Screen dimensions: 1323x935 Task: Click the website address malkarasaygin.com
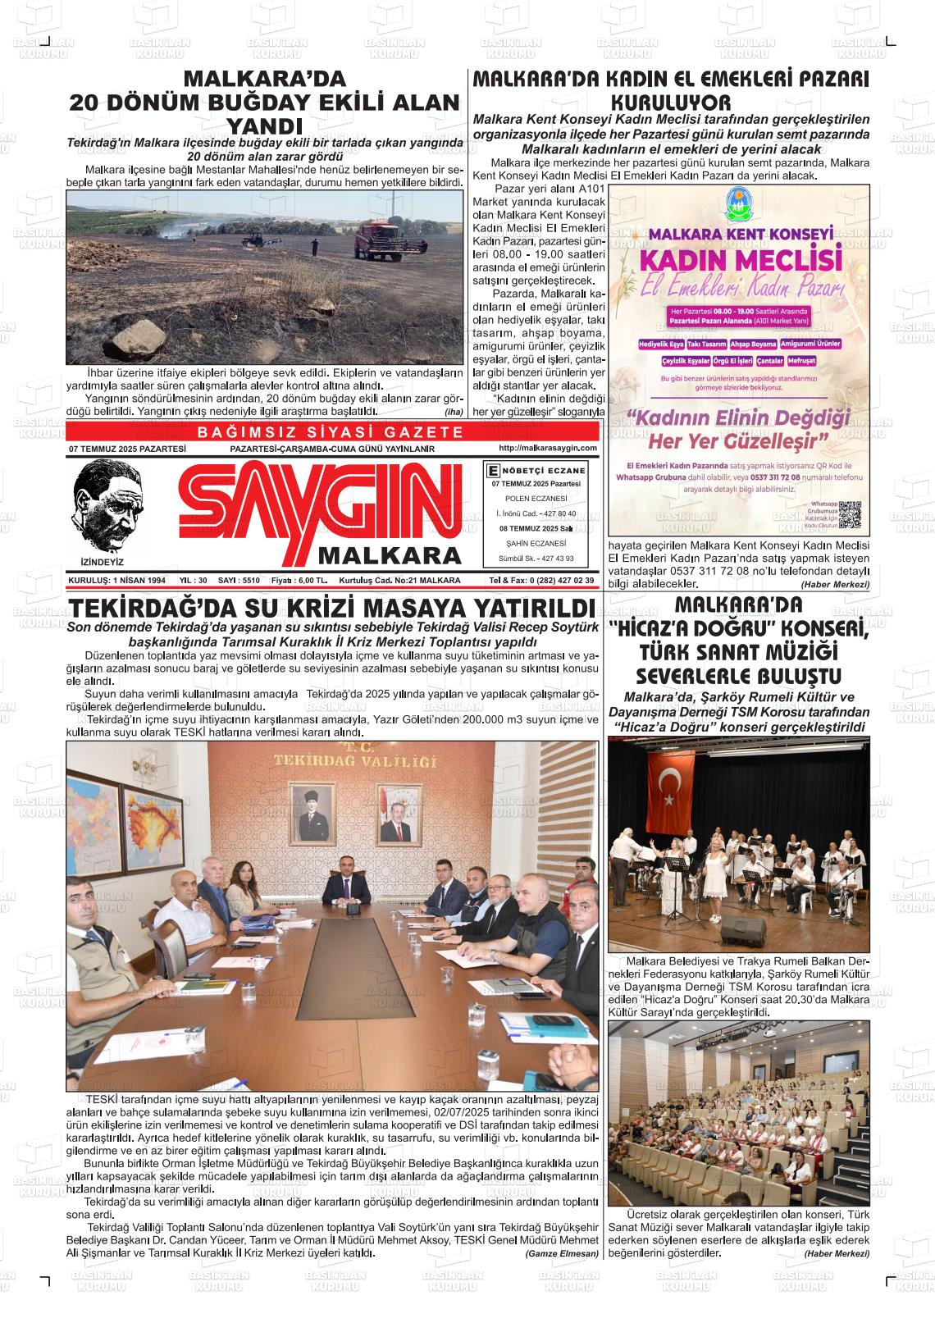coord(547,448)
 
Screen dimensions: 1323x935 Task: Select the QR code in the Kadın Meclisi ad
coord(850,514)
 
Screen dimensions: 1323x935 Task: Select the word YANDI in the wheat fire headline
coord(264,126)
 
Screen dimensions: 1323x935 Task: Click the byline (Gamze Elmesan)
coord(562,1254)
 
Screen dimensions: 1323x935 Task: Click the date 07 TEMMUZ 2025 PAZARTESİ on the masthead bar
coord(128,449)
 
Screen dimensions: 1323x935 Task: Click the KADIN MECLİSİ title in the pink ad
coord(741,261)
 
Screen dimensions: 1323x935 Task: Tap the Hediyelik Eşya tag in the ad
coord(661,344)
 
